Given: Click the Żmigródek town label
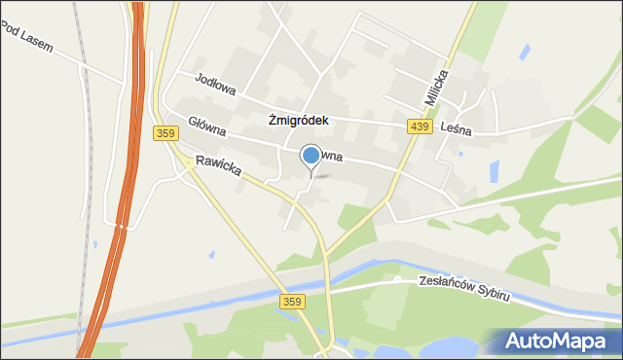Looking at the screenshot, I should (x=299, y=121).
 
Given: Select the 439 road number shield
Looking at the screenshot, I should (x=420, y=126).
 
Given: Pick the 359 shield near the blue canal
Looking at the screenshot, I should (x=291, y=302).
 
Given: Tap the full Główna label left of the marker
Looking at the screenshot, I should (x=207, y=130).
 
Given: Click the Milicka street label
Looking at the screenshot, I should (x=436, y=87).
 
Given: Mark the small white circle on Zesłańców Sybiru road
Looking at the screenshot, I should (x=397, y=279).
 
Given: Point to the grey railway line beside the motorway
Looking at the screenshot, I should (x=89, y=146).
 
